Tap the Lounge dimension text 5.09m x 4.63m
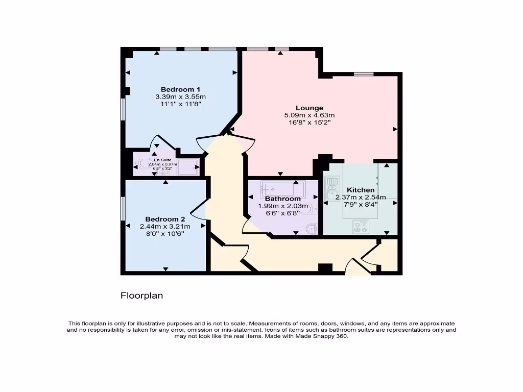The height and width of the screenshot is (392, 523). [309, 115]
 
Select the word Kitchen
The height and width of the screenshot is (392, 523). [361, 190]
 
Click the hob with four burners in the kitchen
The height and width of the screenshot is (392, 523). [360, 226]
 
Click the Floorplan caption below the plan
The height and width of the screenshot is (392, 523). [141, 296]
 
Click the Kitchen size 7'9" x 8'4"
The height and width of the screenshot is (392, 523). [361, 204]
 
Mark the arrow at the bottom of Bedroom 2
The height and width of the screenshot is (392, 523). [165, 269]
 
